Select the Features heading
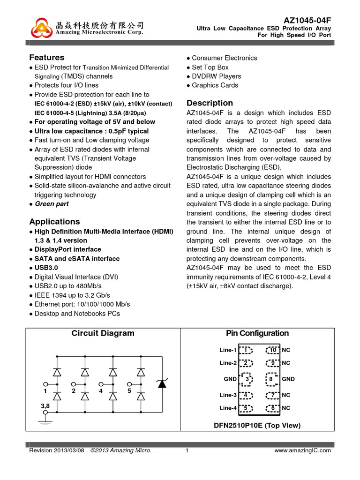tap(47, 58)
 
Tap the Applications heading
tap(54, 222)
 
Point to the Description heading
tap(210, 103)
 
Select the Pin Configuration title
tap(257, 333)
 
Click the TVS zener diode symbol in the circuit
tap(162, 383)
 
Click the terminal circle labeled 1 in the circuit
tap(45, 383)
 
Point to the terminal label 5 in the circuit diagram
tap(129, 391)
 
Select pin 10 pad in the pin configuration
tap(272, 350)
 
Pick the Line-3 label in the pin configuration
tap(228, 395)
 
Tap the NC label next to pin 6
tap(286, 408)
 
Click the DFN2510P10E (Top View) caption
tap(257, 426)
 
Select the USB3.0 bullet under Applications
tap(46, 268)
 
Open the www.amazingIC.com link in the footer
tap(302, 450)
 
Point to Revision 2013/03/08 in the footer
tap(57, 450)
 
